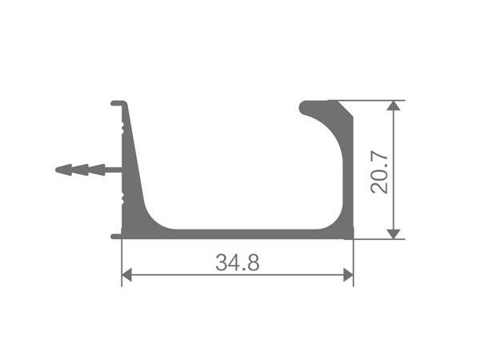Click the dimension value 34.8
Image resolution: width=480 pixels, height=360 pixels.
[x=237, y=262]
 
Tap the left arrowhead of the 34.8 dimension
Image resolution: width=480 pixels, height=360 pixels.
[x=126, y=275]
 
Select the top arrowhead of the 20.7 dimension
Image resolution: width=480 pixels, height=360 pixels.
[x=393, y=106]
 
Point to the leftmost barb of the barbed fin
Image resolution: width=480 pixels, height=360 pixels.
[x=62, y=170]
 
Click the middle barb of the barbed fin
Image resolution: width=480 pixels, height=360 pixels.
[x=79, y=170]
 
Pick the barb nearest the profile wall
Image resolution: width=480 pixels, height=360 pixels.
[x=96, y=170]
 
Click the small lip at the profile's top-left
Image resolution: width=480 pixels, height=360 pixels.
[x=116, y=102]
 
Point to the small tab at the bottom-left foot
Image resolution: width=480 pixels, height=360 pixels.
[x=115, y=236]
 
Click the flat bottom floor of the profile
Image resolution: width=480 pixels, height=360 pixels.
[x=240, y=234]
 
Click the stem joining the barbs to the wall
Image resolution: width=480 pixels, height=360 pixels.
[x=113, y=170]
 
